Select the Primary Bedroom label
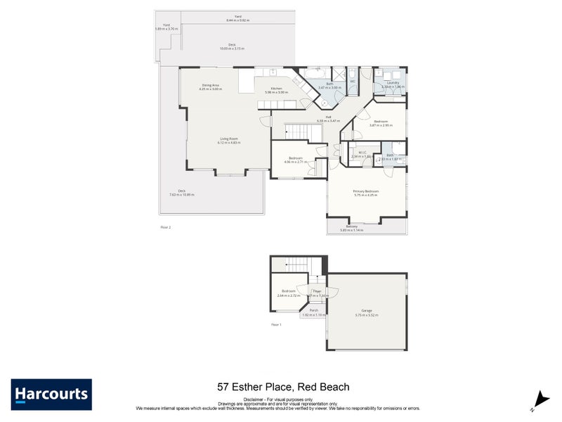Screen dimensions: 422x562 365,192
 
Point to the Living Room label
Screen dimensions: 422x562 228,140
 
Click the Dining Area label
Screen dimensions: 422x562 211,87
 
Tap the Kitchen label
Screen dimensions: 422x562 276,90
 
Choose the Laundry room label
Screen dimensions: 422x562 392,84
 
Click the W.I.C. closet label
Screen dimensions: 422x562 362,153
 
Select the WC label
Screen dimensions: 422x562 353,82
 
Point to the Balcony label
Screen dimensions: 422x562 351,227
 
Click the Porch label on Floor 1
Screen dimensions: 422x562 313,312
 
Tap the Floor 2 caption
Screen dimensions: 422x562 166,227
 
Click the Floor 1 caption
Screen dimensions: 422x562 276,324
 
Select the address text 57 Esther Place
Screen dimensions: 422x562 282,387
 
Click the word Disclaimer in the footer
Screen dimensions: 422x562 254,398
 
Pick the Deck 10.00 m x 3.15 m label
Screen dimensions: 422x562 231,46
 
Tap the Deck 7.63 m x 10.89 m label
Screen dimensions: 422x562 181,193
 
